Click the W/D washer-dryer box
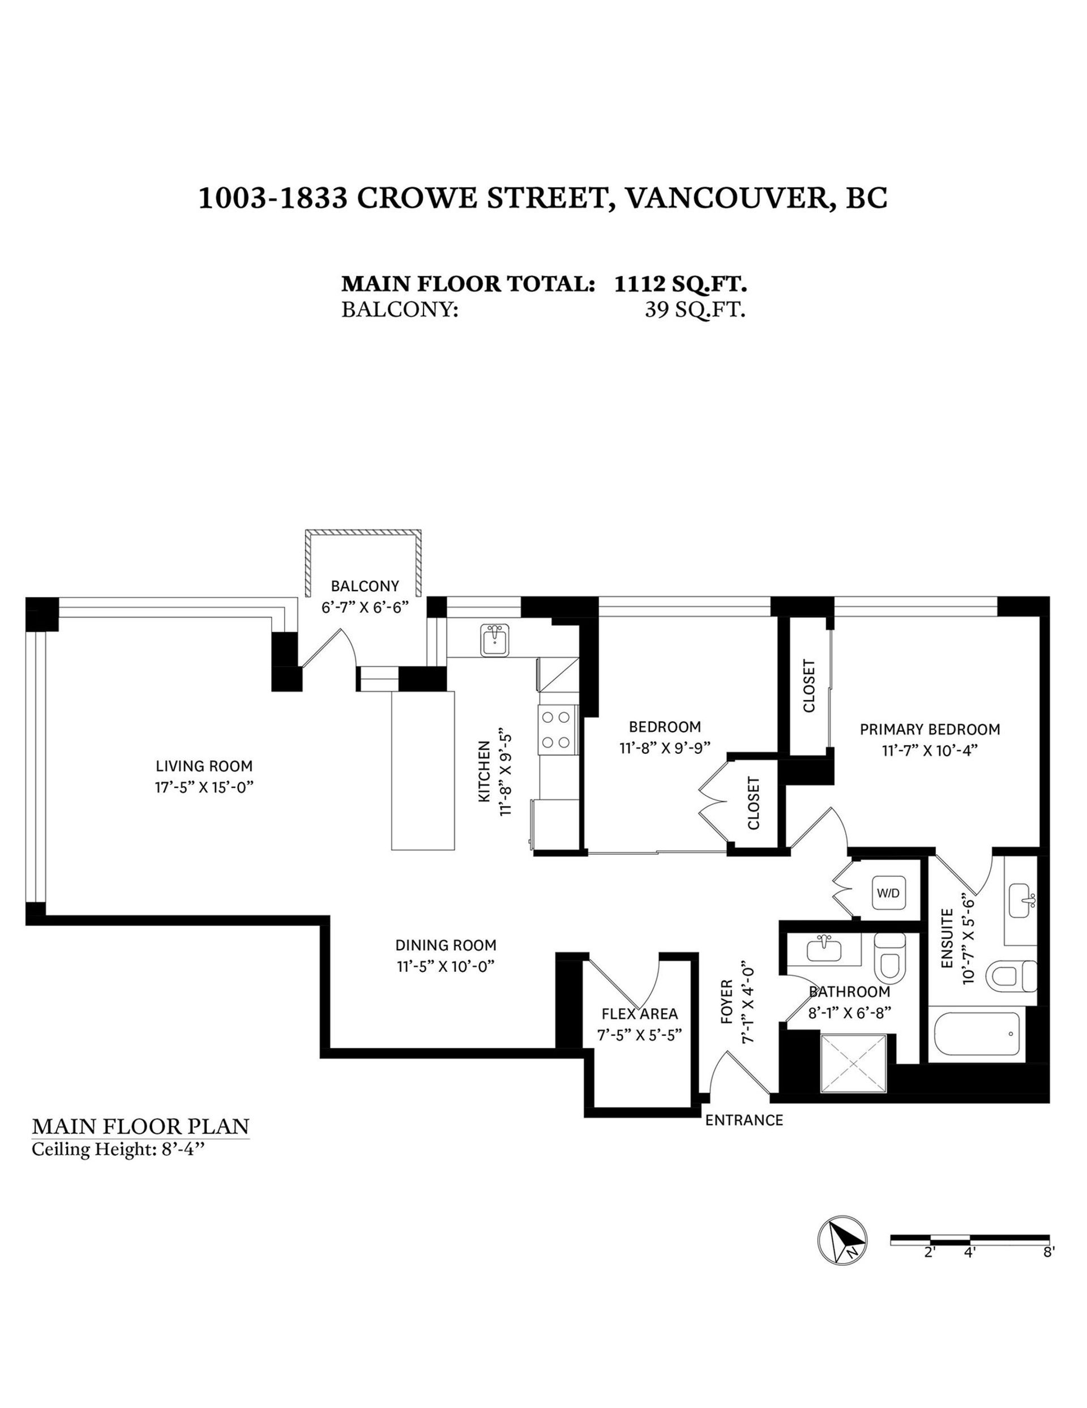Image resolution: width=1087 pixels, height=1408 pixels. pyautogui.click(x=888, y=893)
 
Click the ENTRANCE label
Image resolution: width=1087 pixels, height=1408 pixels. pyautogui.click(x=743, y=1120)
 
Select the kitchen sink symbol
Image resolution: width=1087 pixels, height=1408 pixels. pyautogui.click(x=495, y=640)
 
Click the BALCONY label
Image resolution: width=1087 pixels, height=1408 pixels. pyautogui.click(x=365, y=586)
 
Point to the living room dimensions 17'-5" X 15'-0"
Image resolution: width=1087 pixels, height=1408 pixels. pyautogui.click(x=204, y=787)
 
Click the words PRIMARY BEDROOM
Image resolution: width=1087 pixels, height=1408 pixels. pyautogui.click(x=929, y=729)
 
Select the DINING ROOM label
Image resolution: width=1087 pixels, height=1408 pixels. pyautogui.click(x=446, y=945)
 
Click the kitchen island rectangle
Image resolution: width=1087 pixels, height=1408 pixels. pyautogui.click(x=423, y=770)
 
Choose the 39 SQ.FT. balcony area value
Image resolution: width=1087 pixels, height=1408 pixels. pyautogui.click(x=695, y=310)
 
